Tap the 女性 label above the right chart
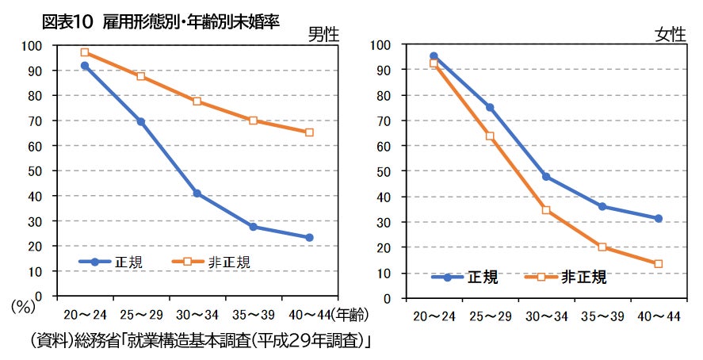click(x=670, y=35)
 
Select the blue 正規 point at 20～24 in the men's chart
click(x=85, y=66)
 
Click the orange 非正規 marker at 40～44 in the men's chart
click(x=309, y=132)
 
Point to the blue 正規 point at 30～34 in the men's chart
click(x=197, y=193)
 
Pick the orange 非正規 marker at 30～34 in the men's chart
click(x=197, y=101)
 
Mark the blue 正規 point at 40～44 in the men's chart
click(x=309, y=237)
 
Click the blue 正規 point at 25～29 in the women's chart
click(x=490, y=107)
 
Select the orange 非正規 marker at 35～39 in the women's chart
click(x=602, y=247)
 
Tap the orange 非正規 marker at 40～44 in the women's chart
click(x=659, y=263)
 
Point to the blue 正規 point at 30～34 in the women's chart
click(x=546, y=176)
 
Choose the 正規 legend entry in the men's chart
click(x=111, y=262)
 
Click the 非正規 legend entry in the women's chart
click(x=566, y=277)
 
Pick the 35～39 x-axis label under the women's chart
click(x=602, y=316)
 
